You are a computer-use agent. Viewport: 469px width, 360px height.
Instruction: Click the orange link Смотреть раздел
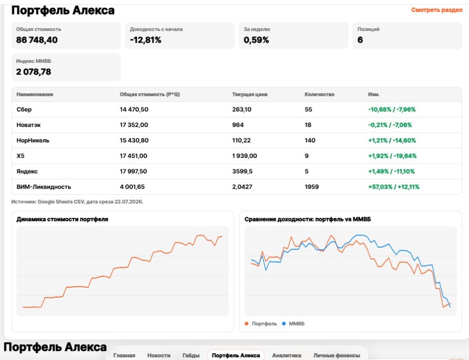[436, 10]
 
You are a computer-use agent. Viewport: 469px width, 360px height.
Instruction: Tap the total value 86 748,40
[37, 40]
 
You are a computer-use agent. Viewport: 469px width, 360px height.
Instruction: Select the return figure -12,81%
[146, 40]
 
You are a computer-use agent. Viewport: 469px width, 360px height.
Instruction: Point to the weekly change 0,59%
[256, 40]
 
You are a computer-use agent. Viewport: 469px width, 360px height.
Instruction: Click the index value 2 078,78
[33, 72]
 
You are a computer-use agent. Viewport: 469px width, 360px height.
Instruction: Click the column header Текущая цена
[250, 94]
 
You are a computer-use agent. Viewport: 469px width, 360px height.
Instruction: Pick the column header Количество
[319, 94]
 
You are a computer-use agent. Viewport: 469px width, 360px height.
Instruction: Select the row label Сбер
[24, 109]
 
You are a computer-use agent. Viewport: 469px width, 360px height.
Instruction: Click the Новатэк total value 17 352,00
[134, 125]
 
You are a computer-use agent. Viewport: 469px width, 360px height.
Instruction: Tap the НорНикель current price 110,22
[241, 141]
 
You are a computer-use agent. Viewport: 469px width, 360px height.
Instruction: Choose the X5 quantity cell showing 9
[306, 156]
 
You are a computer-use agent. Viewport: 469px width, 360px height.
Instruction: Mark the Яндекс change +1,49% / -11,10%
[391, 172]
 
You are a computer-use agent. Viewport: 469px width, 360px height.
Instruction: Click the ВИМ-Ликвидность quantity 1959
[311, 187]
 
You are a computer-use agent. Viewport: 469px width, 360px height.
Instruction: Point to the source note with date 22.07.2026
[77, 202]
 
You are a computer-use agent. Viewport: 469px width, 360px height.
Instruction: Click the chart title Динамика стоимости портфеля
[62, 219]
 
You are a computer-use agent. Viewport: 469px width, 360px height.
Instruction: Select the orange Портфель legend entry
[261, 324]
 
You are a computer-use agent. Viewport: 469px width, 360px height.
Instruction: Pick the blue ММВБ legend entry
[294, 324]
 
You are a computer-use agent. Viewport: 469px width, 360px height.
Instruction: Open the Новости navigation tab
[159, 355]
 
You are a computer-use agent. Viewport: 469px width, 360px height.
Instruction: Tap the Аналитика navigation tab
[287, 355]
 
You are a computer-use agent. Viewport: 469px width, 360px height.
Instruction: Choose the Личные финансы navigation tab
[337, 355]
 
